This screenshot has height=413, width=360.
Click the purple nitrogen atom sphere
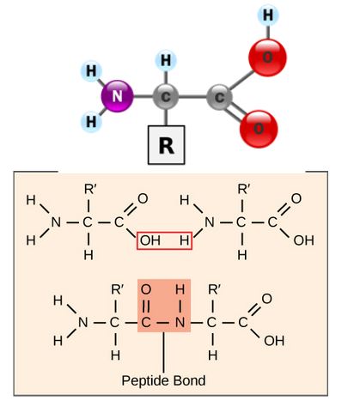click(118, 96)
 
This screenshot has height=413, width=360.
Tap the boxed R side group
click(166, 145)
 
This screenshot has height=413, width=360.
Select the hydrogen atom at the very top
click(268, 15)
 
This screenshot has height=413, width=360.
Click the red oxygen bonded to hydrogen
click(267, 58)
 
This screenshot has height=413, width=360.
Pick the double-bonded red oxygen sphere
click(259, 129)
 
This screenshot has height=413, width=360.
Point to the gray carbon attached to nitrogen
click(166, 97)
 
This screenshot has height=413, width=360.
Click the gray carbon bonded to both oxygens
click(219, 97)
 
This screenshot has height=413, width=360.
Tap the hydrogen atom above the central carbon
click(166, 61)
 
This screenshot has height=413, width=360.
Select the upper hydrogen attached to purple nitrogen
click(91, 70)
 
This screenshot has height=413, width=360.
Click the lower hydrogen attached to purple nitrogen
click(91, 122)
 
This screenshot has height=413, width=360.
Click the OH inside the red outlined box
click(150, 240)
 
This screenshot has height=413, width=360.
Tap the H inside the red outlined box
click(185, 240)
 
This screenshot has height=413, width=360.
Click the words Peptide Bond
click(163, 380)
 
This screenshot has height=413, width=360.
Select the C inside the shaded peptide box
click(146, 323)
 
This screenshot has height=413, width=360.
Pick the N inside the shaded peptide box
click(180, 323)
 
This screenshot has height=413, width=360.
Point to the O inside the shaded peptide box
click(146, 289)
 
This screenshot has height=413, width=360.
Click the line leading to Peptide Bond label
click(163, 353)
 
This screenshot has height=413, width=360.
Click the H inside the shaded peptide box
click(180, 289)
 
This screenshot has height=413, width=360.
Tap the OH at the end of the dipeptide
click(274, 341)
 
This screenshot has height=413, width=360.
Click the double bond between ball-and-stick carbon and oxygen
click(235, 112)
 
